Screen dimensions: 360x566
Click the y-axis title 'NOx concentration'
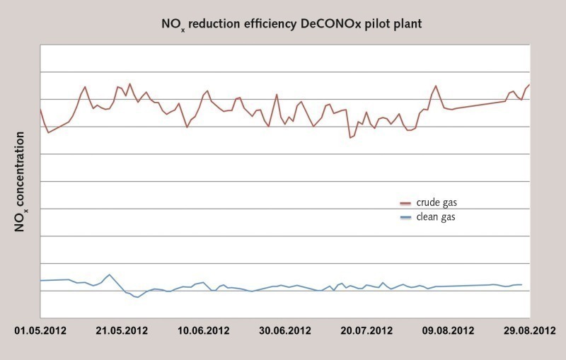tap(21, 182)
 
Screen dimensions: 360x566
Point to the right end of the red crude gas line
tap(529, 84)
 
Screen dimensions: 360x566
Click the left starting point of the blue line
tap(40, 281)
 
